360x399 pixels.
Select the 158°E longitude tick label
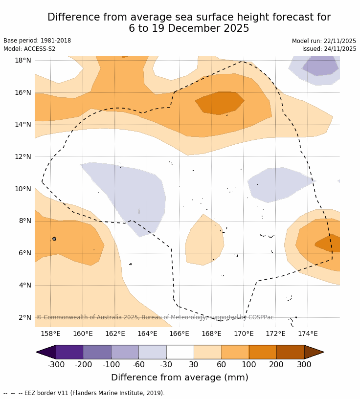tap(50, 334)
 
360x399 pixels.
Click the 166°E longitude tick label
tap(179, 334)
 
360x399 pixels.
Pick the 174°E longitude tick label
tap(308, 334)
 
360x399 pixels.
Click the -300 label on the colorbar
tap(56, 364)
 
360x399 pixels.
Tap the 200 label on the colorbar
tap(276, 364)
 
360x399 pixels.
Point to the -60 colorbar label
tap(138, 364)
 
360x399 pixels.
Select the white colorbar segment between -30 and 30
tap(180, 352)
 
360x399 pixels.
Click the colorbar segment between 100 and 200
tap(263, 352)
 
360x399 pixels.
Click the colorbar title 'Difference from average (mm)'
tap(180, 377)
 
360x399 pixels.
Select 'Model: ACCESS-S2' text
tap(29, 49)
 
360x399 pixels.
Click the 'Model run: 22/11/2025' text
tap(324, 41)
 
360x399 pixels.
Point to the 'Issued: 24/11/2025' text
tap(329, 49)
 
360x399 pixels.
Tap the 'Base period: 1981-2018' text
tap(37, 41)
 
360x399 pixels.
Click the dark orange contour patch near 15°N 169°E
tap(220, 103)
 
